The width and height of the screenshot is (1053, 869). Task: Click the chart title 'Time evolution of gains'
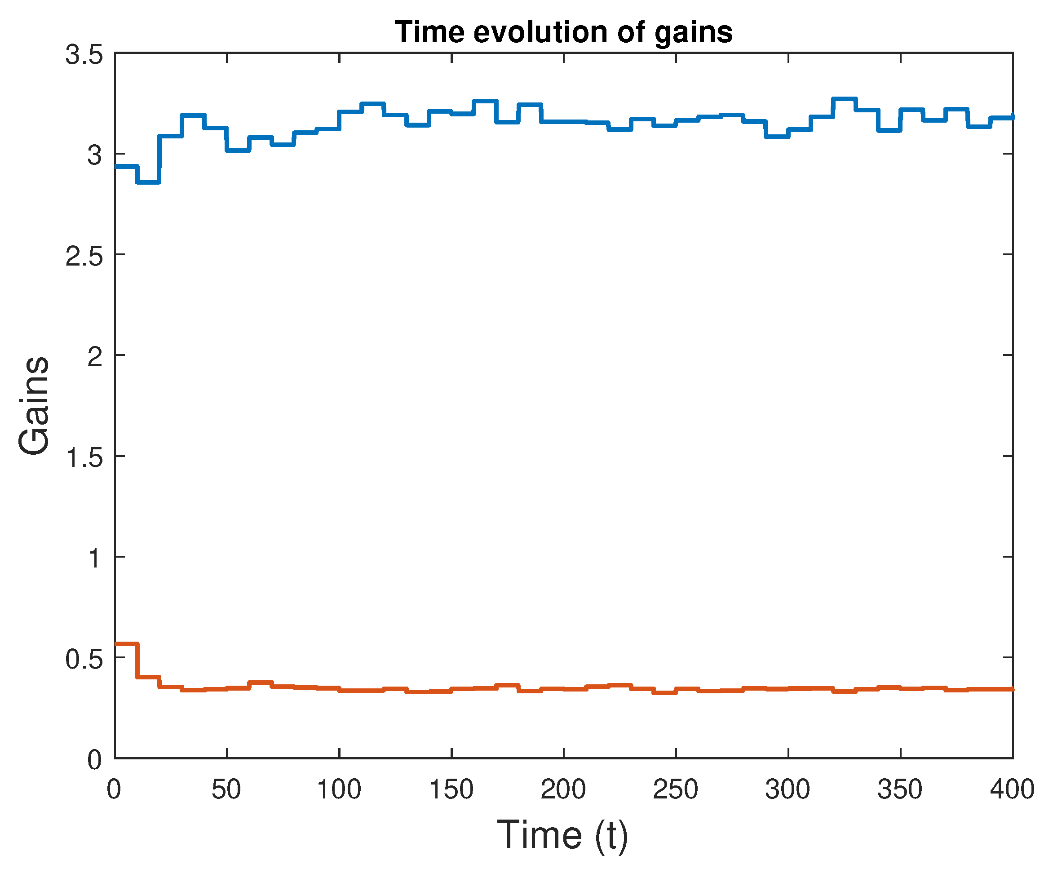point(563,32)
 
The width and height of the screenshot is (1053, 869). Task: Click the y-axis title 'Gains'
point(34,405)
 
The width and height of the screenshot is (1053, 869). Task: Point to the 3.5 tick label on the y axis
point(84,54)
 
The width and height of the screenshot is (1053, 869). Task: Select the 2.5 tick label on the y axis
point(84,256)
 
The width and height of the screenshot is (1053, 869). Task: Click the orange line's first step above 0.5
point(126,644)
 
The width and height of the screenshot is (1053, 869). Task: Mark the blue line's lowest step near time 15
point(148,182)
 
